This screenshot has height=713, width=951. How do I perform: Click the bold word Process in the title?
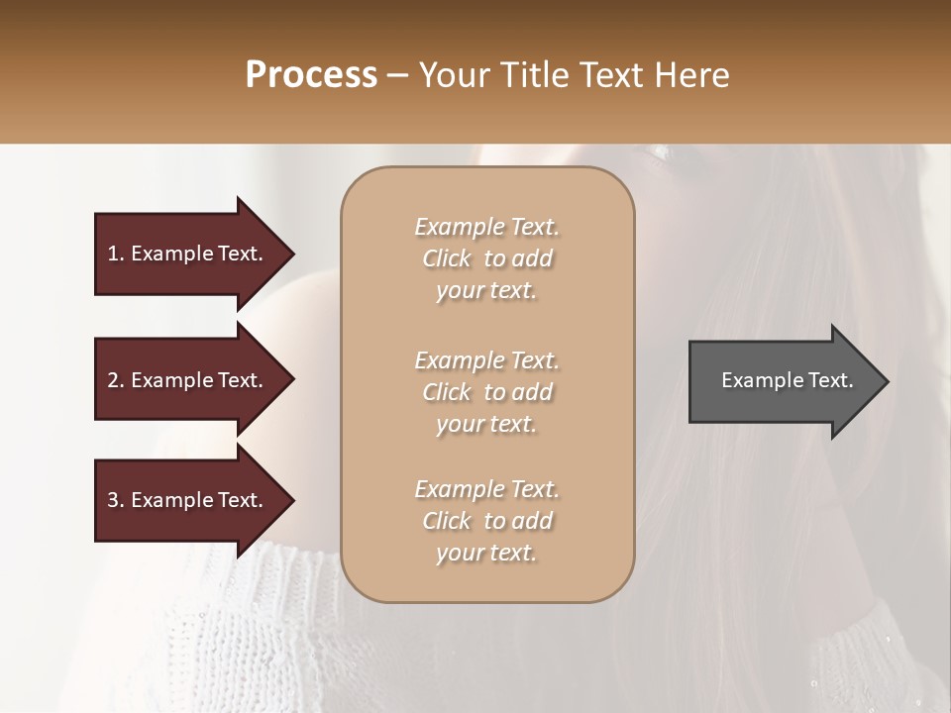click(311, 74)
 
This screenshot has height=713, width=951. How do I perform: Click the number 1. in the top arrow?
click(116, 254)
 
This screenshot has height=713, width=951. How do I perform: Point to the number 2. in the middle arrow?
click(116, 380)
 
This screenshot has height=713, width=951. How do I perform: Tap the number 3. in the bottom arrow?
click(116, 500)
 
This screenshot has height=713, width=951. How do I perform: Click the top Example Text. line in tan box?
click(486, 227)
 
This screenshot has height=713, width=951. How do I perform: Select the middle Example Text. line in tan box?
click(486, 359)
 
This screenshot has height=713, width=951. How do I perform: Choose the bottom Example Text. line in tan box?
click(486, 489)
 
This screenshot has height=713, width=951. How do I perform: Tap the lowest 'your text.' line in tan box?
click(486, 554)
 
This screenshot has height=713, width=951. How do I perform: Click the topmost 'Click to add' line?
click(486, 258)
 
